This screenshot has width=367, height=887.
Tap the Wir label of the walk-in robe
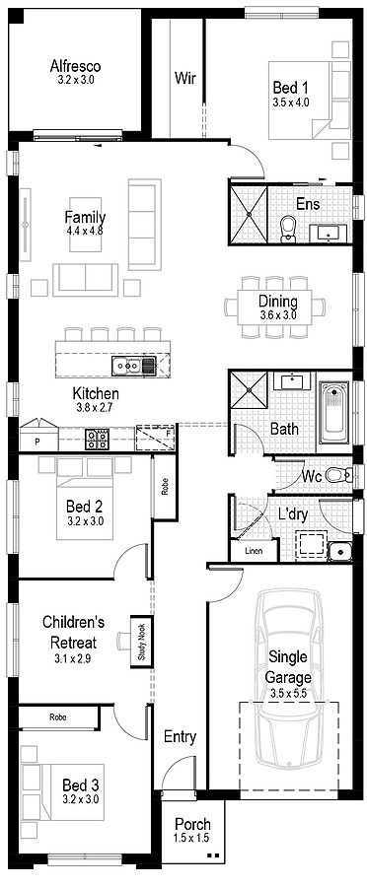(183, 77)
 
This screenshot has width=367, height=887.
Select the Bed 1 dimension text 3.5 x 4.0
(290, 102)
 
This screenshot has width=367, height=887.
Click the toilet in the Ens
(288, 229)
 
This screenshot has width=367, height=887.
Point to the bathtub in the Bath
(333, 413)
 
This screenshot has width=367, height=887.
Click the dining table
(277, 307)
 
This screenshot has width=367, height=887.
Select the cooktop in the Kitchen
(97, 440)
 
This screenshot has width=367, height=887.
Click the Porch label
(191, 824)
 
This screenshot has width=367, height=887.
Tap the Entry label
(180, 736)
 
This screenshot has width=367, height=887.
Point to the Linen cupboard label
(254, 551)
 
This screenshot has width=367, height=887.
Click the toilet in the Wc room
(337, 475)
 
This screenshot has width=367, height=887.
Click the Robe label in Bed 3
(58, 717)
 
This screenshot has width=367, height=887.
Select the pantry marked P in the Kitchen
(37, 442)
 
